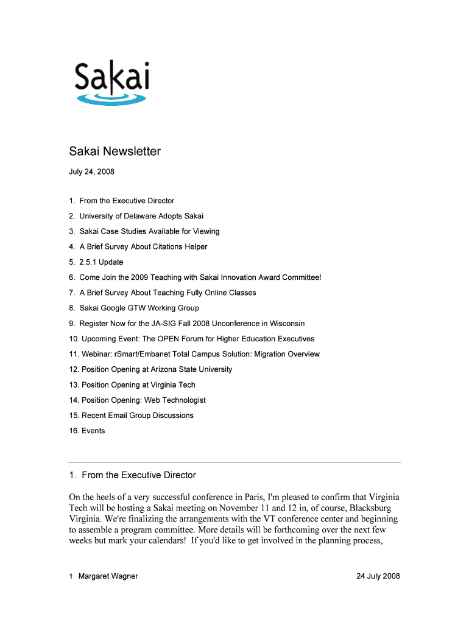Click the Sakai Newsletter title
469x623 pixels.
[x=115, y=151]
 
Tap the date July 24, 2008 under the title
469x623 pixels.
[x=91, y=172]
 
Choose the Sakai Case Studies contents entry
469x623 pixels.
[x=144, y=231]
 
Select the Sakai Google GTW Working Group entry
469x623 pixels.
[x=134, y=308]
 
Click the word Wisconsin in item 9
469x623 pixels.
[x=285, y=324]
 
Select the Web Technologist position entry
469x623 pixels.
[x=137, y=400]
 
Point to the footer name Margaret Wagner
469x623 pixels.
[x=108, y=576]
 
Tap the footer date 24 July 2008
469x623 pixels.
[x=378, y=576]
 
